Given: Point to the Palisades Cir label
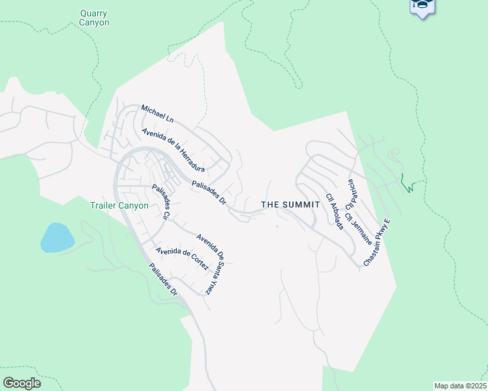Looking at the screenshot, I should coord(160,202).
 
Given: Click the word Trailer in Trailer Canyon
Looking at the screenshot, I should coord(104,205).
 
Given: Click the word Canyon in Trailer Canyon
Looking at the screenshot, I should coord(135,205).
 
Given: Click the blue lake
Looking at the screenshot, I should coord(55,237).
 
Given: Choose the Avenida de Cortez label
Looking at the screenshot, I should coord(182,259).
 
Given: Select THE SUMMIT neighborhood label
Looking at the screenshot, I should coord(290,205).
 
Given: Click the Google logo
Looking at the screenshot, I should coord(22,383).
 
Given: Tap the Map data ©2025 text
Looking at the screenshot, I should coord(460,386).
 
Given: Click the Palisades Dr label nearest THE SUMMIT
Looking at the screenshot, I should coord(209,194).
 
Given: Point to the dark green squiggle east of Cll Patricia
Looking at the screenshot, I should coord(408,184).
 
